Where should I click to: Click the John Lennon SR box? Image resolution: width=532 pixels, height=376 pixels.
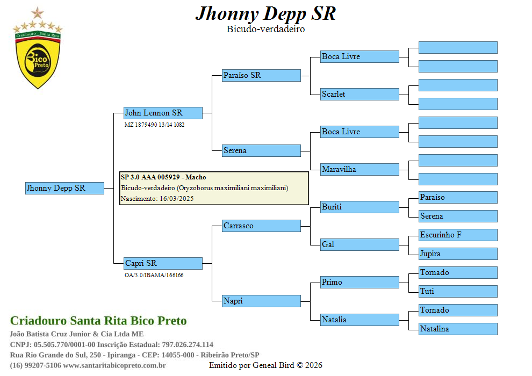point(163,113)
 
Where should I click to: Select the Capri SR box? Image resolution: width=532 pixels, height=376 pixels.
point(163,263)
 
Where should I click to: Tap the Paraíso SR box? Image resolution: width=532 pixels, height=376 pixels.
point(261,75)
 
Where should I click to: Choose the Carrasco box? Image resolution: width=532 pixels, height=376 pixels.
point(261,226)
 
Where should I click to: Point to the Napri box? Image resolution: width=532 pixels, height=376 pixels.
point(261,301)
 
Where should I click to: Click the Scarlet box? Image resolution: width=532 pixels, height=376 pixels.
point(360,94)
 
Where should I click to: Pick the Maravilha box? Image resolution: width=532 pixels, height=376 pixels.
point(360,169)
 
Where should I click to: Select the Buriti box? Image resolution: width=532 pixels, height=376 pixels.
point(360,207)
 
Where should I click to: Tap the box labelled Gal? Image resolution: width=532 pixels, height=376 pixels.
point(360,244)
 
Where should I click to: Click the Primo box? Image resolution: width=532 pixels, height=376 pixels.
point(360,282)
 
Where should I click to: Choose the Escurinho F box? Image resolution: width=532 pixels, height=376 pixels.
point(458,235)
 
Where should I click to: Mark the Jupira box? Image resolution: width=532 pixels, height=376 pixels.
point(458,254)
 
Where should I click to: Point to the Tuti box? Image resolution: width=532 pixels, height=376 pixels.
point(458,291)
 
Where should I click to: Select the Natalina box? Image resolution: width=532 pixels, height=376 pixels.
point(458,329)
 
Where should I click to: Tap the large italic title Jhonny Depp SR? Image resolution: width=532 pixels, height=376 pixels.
point(265,13)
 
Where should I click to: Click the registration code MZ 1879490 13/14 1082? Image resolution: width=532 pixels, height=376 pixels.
point(155,125)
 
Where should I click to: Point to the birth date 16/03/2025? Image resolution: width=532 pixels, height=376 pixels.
point(176,199)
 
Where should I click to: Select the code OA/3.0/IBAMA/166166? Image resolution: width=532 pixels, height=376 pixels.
point(154,275)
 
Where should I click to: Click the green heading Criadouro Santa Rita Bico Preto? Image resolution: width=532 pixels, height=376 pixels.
point(98,321)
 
